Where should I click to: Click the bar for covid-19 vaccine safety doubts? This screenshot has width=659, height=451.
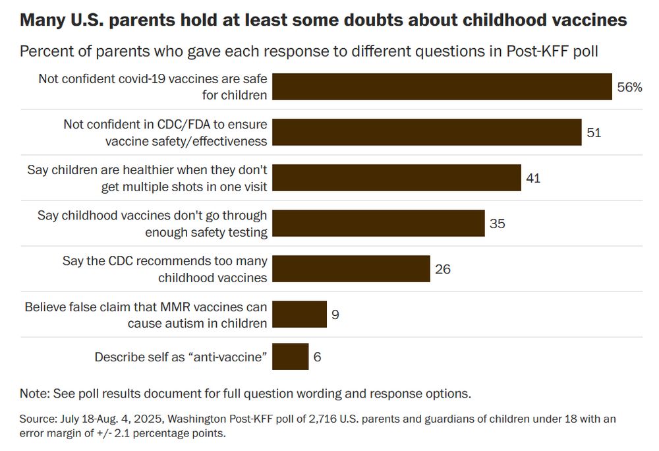pyautogui.click(x=442, y=87)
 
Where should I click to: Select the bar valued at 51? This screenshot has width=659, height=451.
pyautogui.click(x=427, y=133)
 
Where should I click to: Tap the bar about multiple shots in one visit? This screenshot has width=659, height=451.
pyautogui.click(x=397, y=178)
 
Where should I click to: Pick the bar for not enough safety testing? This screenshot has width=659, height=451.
pyautogui.click(x=378, y=224)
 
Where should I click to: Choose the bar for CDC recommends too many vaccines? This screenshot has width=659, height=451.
pyautogui.click(x=351, y=269)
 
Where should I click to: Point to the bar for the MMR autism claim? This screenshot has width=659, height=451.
pyautogui.click(x=299, y=315)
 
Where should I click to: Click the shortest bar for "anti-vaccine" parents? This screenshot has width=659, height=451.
pyautogui.click(x=290, y=357)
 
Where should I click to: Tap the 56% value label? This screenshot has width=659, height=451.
pyautogui.click(x=629, y=87)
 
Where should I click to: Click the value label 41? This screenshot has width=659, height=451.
pyautogui.click(x=533, y=178)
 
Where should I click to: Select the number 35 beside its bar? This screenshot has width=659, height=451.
pyautogui.click(x=498, y=224)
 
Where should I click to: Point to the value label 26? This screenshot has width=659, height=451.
pyautogui.click(x=443, y=269)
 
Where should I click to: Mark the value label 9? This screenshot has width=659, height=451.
pyautogui.click(x=335, y=315)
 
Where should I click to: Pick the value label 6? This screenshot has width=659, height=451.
pyautogui.click(x=317, y=357)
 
